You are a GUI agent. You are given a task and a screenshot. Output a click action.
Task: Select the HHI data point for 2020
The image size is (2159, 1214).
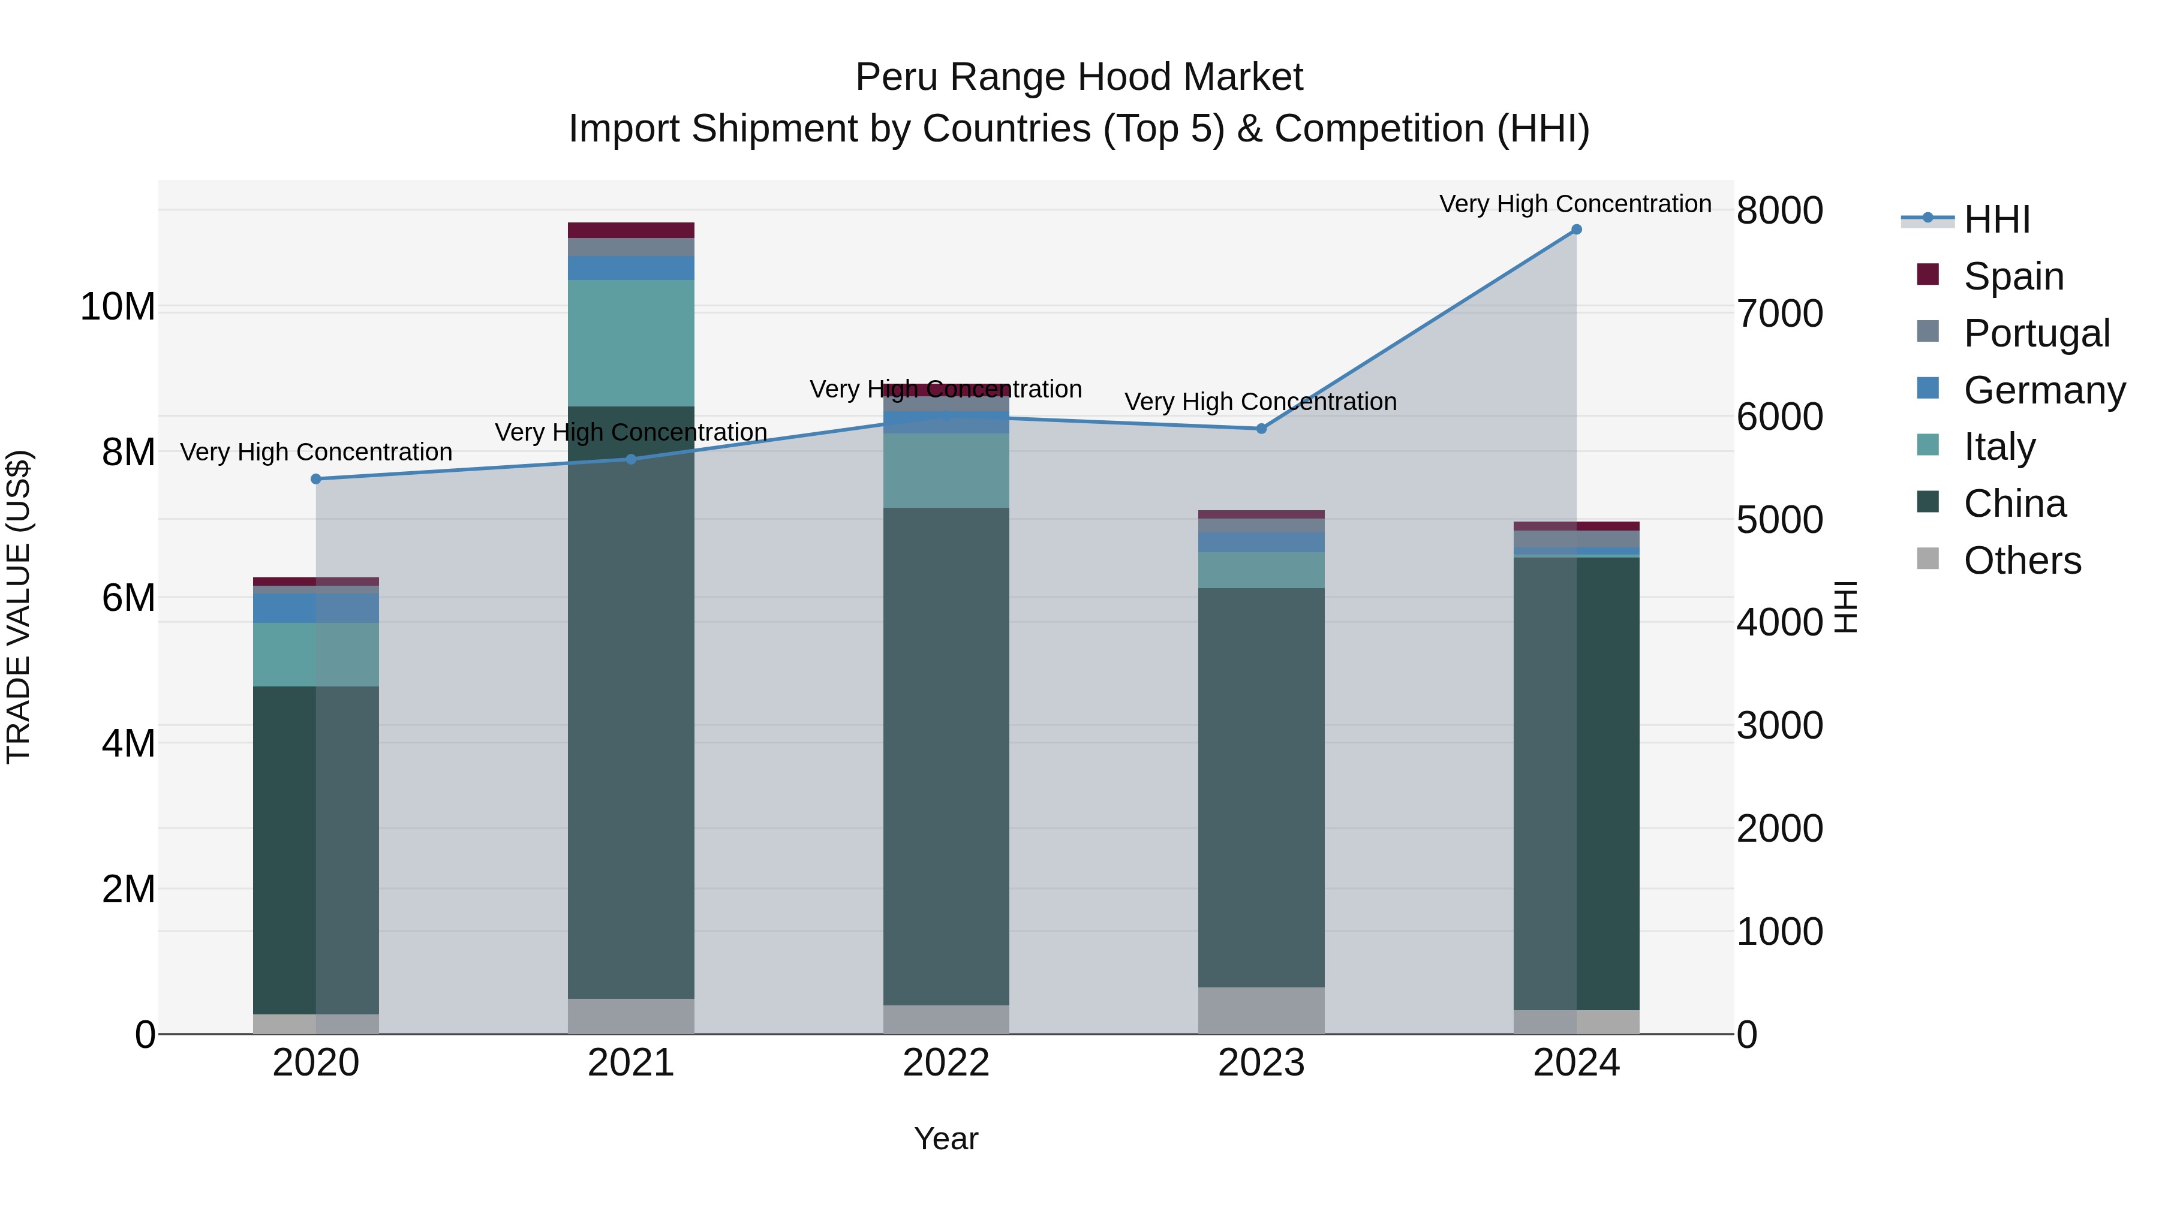(316, 479)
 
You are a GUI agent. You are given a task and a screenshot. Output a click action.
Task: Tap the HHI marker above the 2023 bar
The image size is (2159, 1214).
(1261, 429)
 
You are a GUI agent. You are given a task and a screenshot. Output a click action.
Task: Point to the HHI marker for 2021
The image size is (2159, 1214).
(631, 459)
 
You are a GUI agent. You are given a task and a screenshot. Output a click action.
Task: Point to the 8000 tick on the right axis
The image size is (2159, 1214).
(1779, 210)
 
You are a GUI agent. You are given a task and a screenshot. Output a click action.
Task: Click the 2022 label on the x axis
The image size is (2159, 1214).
(946, 1063)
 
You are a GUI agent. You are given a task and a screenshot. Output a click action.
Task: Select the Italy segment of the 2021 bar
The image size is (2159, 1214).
(631, 343)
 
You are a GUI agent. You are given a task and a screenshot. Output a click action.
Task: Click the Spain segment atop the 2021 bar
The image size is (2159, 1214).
(631, 230)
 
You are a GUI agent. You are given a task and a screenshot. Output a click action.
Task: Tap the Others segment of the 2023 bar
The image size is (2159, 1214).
(1261, 1010)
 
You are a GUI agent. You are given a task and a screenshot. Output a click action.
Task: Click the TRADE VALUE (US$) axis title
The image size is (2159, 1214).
(19, 607)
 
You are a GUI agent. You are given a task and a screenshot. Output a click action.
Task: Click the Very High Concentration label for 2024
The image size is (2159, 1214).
(1575, 204)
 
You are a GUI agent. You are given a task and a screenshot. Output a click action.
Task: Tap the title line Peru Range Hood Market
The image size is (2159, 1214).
(1079, 77)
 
